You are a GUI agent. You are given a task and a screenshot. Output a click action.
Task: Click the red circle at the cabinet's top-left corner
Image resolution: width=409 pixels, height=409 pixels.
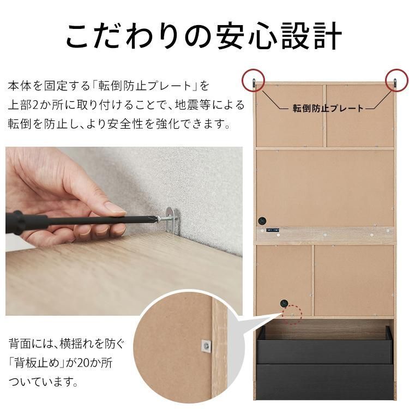click(252, 80)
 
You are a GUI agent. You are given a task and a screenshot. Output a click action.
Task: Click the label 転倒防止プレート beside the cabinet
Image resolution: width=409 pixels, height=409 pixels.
click(328, 108)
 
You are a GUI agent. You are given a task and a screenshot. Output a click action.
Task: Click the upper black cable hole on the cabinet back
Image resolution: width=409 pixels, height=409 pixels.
click(263, 221)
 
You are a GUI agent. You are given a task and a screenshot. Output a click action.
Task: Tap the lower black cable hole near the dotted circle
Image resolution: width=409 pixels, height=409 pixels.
click(284, 304)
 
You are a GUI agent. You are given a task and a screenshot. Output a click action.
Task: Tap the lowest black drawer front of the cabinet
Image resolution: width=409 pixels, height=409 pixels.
click(325, 384)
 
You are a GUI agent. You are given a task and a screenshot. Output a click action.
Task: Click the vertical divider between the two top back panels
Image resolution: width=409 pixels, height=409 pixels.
click(325, 116)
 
